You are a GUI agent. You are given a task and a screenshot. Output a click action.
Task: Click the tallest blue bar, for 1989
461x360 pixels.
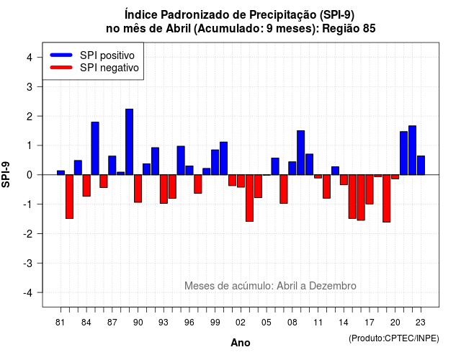coord(130,142)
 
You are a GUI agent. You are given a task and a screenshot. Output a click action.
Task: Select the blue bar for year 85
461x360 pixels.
coord(95,148)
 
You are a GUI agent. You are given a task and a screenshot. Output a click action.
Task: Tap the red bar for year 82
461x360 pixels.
coord(69,197)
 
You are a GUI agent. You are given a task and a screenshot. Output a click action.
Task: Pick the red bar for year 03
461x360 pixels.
coord(250,198)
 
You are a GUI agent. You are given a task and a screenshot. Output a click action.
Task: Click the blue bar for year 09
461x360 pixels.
coord(301,153)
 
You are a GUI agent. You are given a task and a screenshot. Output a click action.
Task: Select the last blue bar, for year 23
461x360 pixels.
coord(421,166)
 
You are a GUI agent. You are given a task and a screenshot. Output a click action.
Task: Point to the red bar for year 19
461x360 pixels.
coord(387,199)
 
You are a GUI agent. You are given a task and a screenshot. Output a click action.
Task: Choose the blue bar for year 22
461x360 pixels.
coord(413,150)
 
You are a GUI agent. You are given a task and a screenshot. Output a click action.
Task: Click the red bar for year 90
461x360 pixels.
coord(138,189)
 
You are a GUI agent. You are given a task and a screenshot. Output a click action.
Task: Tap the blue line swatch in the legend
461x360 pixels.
coord(61,55)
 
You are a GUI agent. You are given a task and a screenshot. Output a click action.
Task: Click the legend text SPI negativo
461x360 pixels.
coord(109,68)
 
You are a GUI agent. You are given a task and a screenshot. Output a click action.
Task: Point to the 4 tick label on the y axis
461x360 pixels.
coord(30,58)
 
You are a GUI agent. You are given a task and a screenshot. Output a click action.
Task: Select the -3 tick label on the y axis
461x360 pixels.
coord(28,264)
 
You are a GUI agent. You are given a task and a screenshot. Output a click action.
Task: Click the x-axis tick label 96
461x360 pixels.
coord(189,323)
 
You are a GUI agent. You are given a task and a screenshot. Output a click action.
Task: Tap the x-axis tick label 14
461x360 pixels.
coord(344,323)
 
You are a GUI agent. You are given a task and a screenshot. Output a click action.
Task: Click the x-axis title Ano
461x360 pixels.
coord(241,343)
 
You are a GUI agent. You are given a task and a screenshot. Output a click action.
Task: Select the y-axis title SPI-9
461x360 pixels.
coord(6,174)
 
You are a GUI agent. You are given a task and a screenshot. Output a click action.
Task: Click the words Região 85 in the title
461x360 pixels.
coord(349,29)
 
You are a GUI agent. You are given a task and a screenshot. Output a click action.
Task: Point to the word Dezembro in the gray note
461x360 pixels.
coord(333,286)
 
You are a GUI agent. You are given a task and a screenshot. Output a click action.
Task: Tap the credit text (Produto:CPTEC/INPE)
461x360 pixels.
coord(394,338)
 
